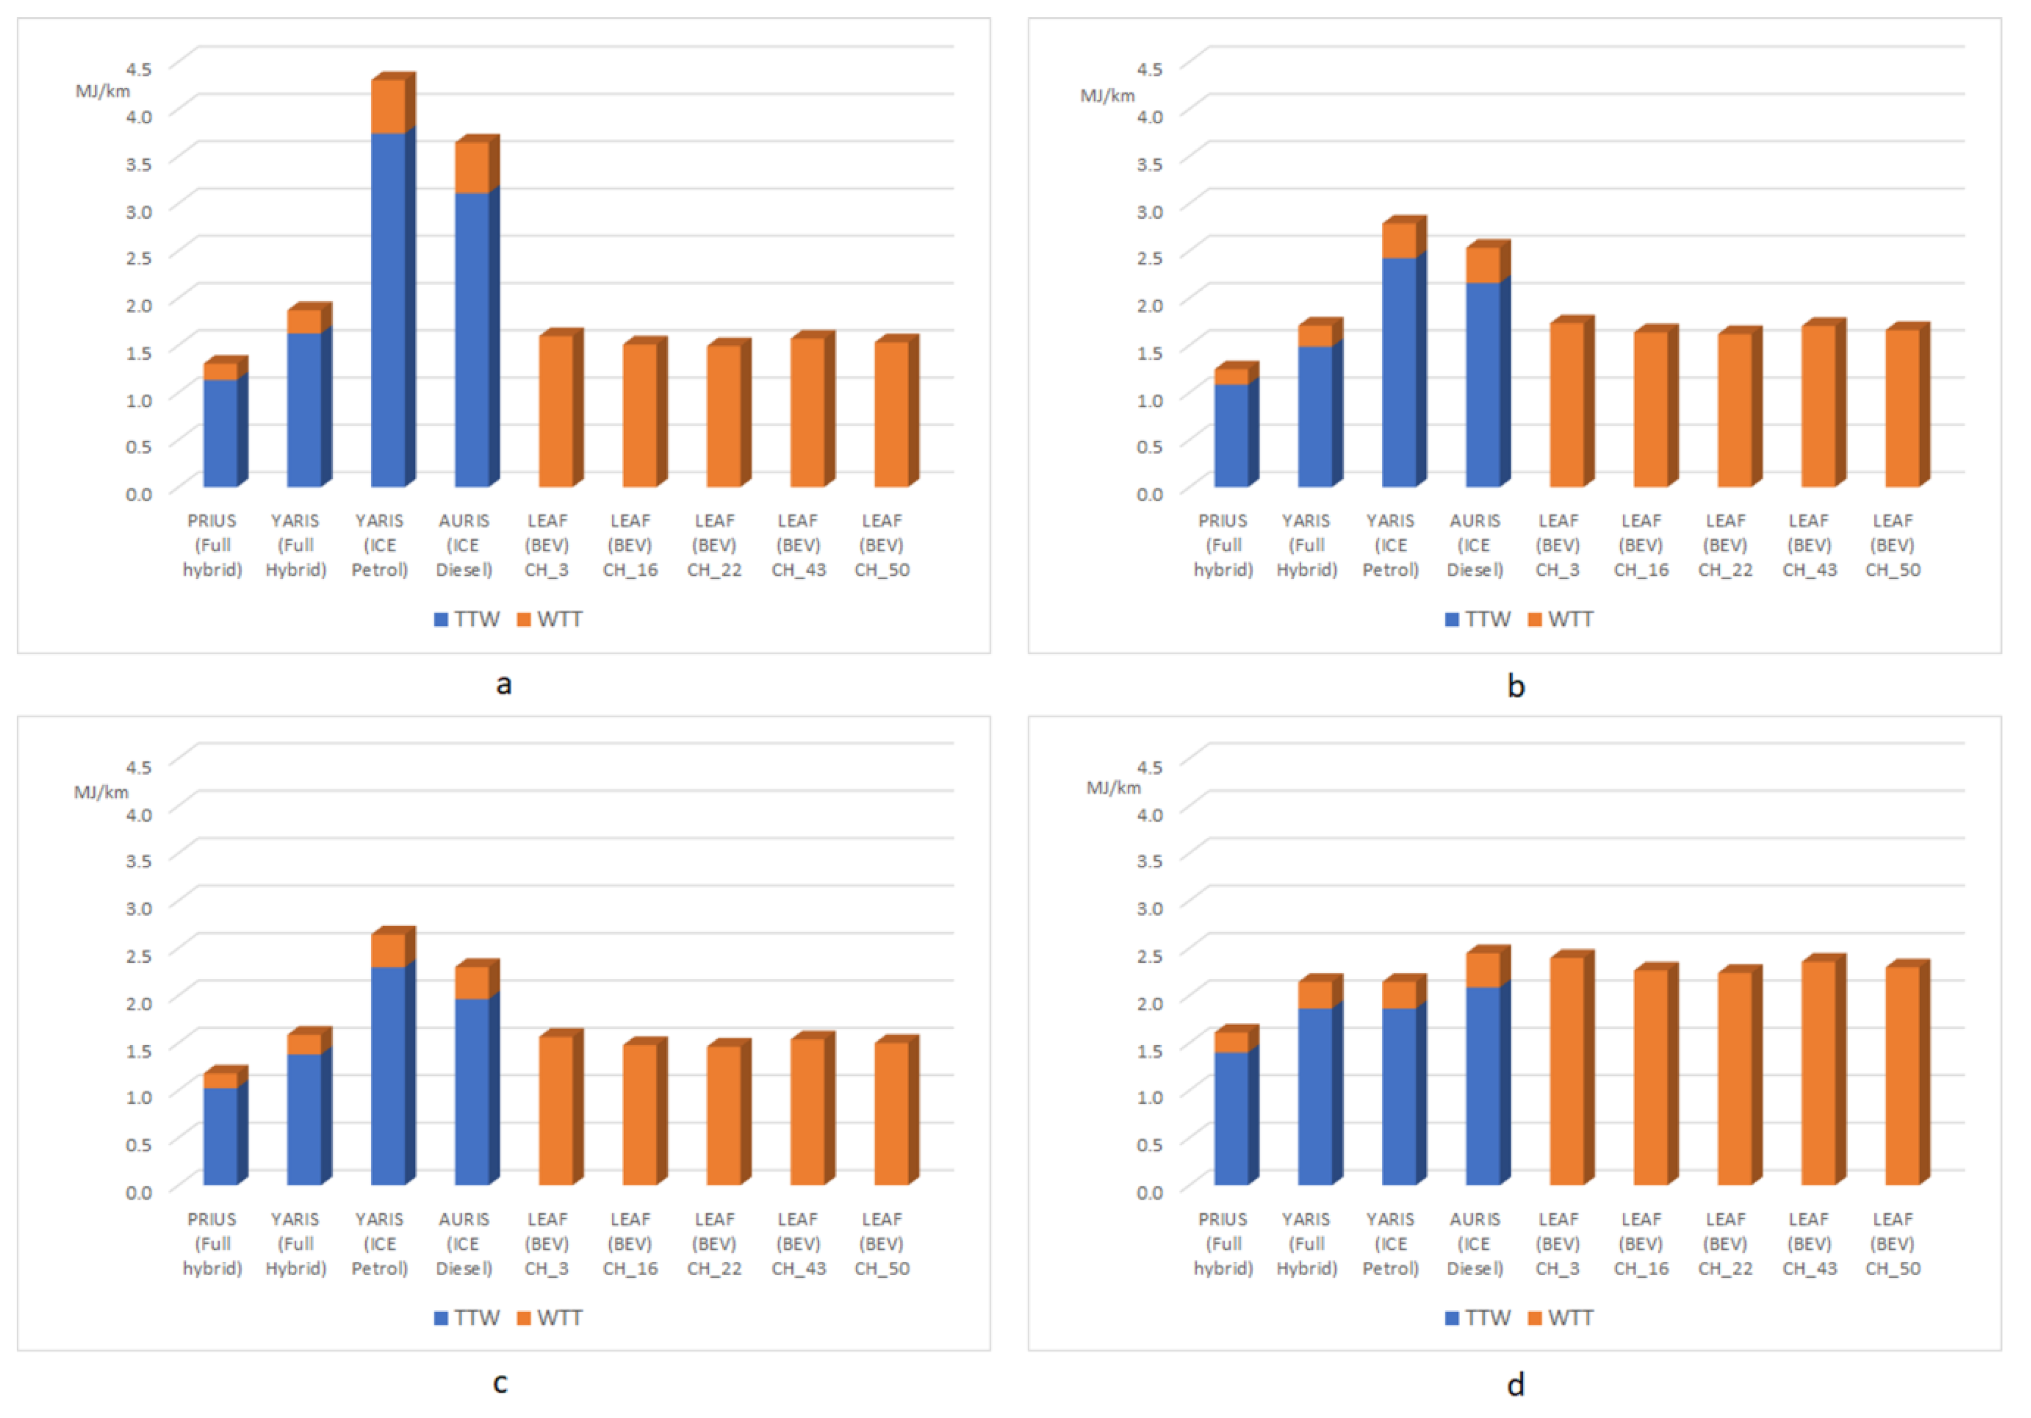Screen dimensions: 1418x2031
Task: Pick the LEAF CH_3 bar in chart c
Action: click(555, 1110)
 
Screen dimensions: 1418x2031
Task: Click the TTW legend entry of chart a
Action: click(467, 619)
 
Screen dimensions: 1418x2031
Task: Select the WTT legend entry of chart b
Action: click(1561, 619)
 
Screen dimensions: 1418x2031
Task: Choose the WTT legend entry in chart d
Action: click(1561, 1318)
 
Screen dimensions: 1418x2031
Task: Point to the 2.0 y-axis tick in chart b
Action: click(1150, 305)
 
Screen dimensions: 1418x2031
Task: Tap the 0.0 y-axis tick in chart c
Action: click(139, 1192)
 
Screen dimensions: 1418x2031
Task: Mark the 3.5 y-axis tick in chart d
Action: click(1150, 860)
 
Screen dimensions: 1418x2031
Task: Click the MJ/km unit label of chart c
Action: click(101, 792)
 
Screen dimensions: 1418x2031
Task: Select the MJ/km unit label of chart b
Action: click(1107, 95)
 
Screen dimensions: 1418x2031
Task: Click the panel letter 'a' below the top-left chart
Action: click(504, 684)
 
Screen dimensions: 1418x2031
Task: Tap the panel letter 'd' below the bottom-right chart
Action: click(1515, 1385)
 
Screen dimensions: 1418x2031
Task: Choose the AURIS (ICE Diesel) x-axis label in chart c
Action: click(464, 1244)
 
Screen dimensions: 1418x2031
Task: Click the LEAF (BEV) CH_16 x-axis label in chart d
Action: click(1641, 1244)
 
